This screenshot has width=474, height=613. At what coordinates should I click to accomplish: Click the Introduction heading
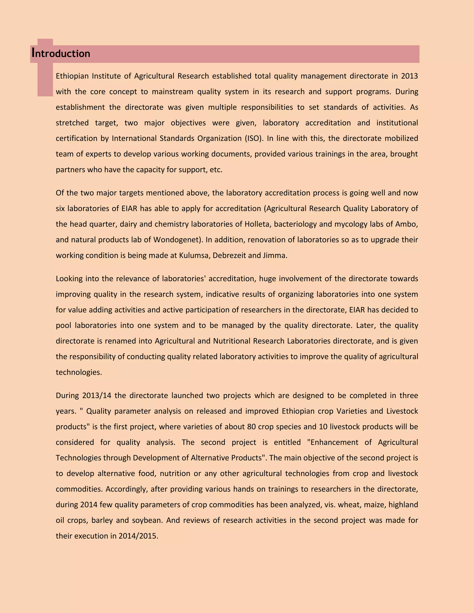(x=61, y=53)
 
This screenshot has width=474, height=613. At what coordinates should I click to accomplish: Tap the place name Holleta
(x=257, y=224)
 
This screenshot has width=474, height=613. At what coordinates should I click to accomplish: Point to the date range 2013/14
(x=97, y=396)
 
